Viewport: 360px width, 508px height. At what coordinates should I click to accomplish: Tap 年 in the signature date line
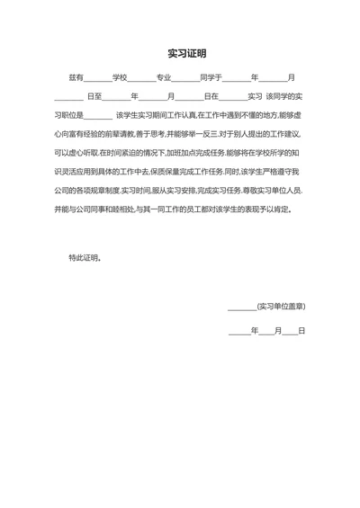point(255,331)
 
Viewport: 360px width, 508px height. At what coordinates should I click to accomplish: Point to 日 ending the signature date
point(301,331)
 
